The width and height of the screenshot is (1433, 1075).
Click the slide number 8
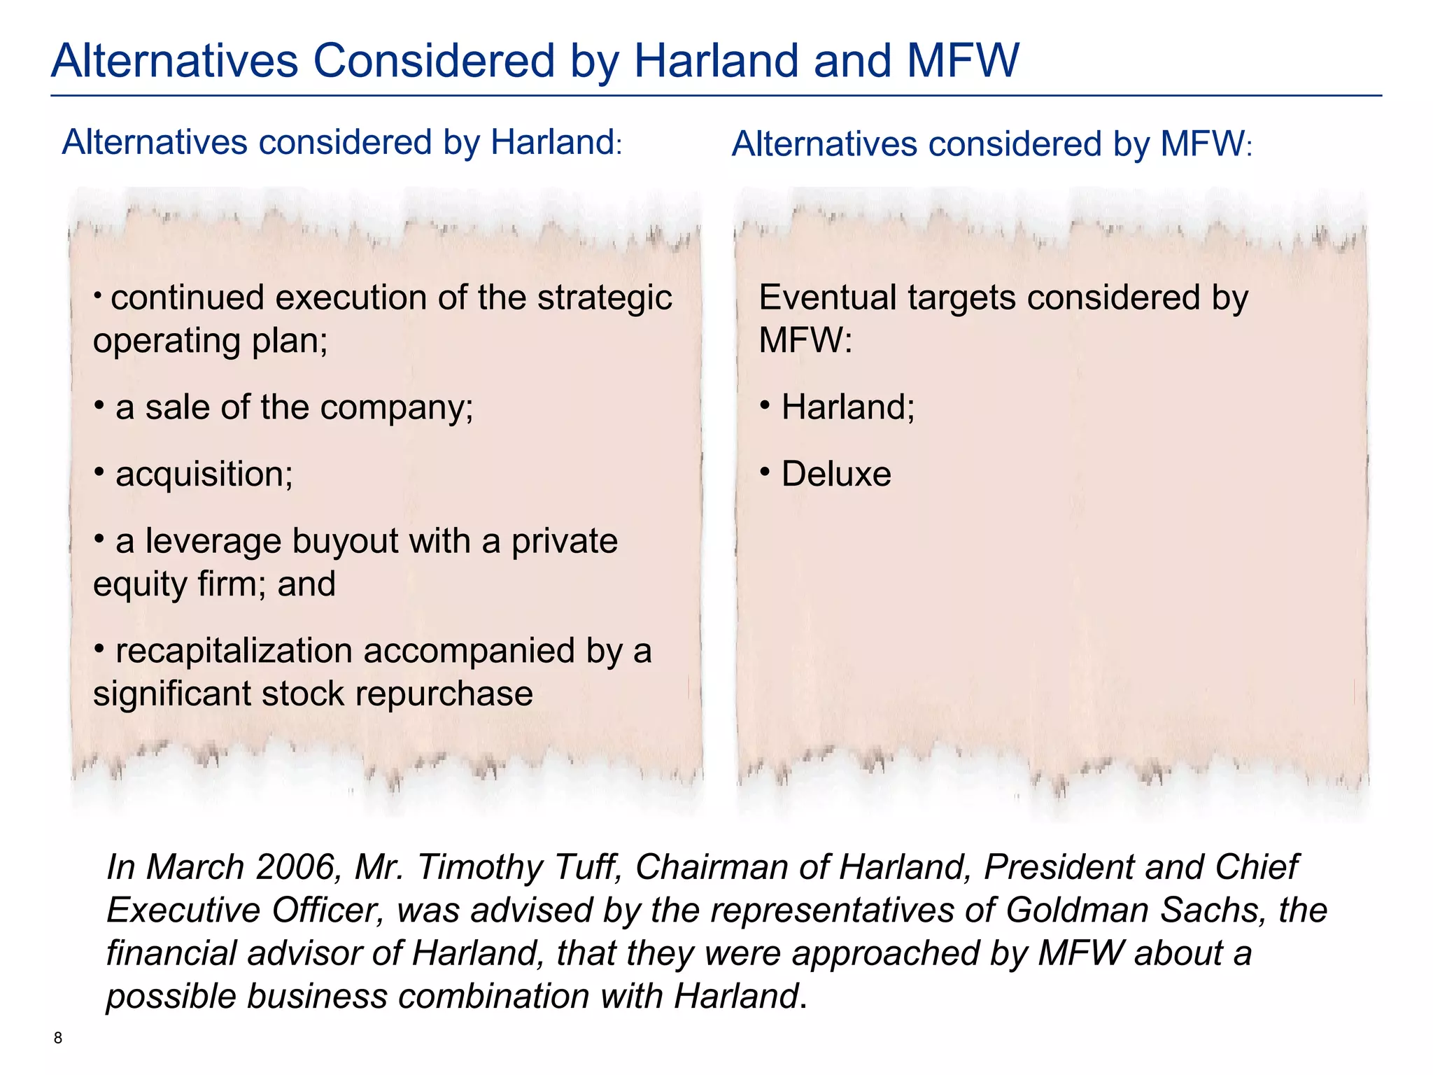(x=58, y=1038)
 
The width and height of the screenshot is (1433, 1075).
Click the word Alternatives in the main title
(x=176, y=61)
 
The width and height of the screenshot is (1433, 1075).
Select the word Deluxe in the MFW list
(x=836, y=475)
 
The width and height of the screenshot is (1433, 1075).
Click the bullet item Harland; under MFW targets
(x=847, y=407)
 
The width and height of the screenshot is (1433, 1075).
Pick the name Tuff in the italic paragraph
(x=588, y=867)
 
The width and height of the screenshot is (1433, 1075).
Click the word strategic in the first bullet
(x=605, y=298)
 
